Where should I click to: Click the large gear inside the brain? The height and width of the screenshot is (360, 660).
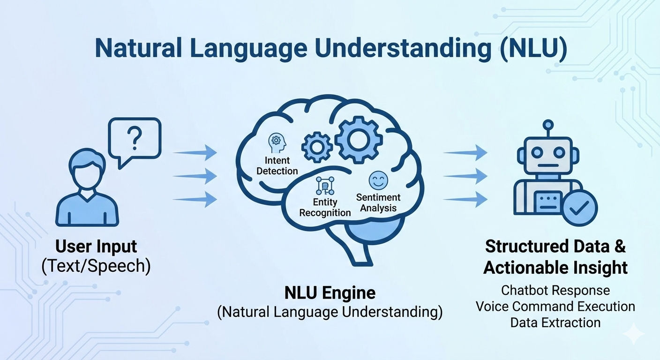click(359, 140)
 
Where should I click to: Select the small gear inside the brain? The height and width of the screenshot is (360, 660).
click(317, 147)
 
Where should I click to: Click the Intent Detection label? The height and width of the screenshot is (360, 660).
click(277, 166)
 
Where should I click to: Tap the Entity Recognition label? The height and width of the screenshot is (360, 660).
click(325, 207)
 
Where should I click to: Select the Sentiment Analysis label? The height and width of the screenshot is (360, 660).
click(378, 202)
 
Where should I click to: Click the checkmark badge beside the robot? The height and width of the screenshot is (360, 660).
click(580, 208)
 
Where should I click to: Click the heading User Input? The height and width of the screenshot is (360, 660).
click(96, 247)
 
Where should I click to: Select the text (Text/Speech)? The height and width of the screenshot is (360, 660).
click(96, 266)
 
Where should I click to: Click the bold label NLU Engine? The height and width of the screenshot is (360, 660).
click(330, 293)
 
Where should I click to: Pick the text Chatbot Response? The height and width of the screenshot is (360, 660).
click(555, 290)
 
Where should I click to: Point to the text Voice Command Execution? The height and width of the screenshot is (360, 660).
click(555, 307)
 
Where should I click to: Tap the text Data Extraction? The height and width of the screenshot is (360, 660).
click(555, 322)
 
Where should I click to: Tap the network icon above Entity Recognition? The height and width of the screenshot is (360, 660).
click(325, 186)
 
